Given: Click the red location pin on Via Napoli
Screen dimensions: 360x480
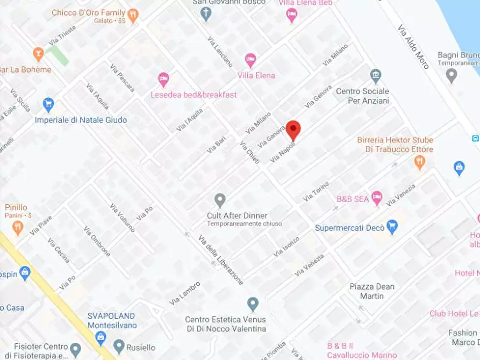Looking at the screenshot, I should pos(293,129).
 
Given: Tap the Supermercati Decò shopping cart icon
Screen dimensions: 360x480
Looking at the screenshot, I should pos(392,227).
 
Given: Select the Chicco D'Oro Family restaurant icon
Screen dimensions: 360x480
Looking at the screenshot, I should pos(133,15).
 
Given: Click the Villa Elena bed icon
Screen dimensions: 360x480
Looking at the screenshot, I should pos(250,60).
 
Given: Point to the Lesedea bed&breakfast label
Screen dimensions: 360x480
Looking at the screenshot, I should pos(194,95).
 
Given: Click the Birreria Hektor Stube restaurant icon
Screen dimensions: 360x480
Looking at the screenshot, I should pos(420,162).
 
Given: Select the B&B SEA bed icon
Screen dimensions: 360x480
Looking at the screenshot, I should pos(377,198).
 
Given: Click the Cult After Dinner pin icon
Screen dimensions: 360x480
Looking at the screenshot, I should pos(220,200).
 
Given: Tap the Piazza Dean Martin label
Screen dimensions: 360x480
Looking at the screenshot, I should pos(372,291).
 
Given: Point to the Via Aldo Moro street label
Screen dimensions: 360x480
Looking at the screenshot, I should pos(413,46).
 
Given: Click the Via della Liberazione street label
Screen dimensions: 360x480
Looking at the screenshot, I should pos(220,260).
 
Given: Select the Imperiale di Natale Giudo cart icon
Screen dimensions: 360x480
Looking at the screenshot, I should pos(48,104).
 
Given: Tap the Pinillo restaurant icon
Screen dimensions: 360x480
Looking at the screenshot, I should pos(18,227).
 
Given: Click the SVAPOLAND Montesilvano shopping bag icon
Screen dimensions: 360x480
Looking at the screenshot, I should pos(100,337).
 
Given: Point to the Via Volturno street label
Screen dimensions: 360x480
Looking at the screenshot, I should pos(122,217).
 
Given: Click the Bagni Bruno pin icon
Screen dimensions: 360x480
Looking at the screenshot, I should pos(452,75).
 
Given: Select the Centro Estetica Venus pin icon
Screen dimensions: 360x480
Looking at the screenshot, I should pos(253,304).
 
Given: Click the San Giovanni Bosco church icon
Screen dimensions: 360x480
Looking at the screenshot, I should pos(206,14).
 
